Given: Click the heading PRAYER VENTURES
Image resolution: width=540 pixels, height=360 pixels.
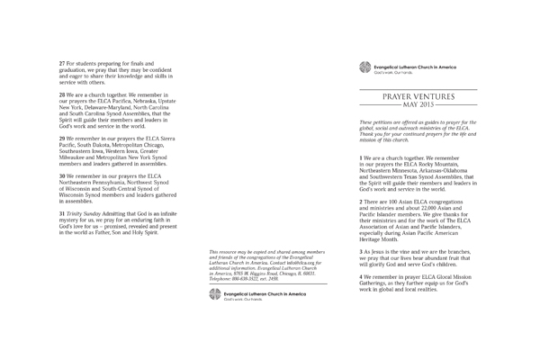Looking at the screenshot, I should [417, 94].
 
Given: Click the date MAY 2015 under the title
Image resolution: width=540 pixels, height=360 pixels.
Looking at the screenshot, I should [418, 105].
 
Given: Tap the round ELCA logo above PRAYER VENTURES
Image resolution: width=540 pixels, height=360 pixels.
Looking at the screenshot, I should [364, 67].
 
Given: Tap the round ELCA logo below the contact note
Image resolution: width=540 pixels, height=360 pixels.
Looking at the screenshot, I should [214, 270].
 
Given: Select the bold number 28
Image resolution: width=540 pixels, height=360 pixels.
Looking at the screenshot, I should [61, 94].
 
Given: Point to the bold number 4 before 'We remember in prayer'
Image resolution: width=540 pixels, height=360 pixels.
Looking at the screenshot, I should [361, 274].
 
